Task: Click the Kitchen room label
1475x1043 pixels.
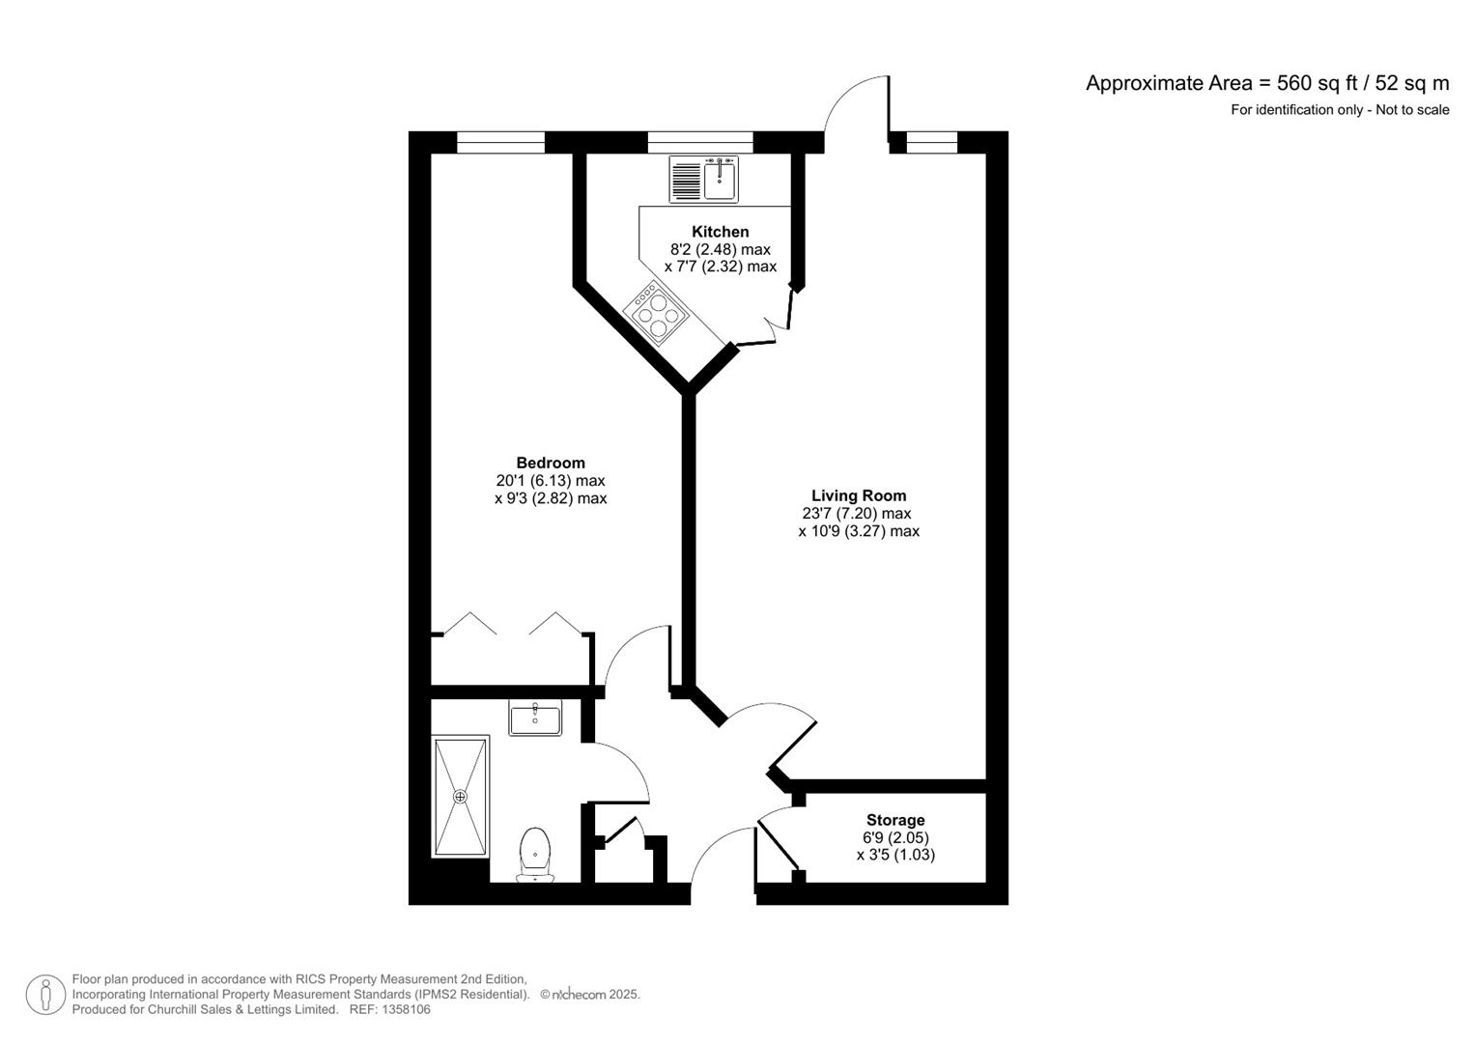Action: point(720,232)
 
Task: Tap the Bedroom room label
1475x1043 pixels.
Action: point(550,463)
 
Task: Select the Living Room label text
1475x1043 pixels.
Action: point(858,496)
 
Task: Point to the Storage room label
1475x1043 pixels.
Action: point(894,821)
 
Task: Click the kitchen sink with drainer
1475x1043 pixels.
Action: point(703,180)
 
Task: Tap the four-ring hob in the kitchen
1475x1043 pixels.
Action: point(657,313)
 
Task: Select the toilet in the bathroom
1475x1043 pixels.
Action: point(535,854)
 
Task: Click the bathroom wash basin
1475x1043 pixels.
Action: point(535,719)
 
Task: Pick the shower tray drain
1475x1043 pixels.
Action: point(460,797)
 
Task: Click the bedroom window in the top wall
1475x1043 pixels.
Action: point(500,143)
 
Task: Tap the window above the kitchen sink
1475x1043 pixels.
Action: point(699,143)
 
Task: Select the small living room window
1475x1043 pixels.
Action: point(931,143)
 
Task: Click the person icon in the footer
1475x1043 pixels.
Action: point(45,995)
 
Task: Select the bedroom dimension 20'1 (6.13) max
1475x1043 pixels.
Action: point(550,481)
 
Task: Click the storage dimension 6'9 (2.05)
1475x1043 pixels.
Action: point(894,838)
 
